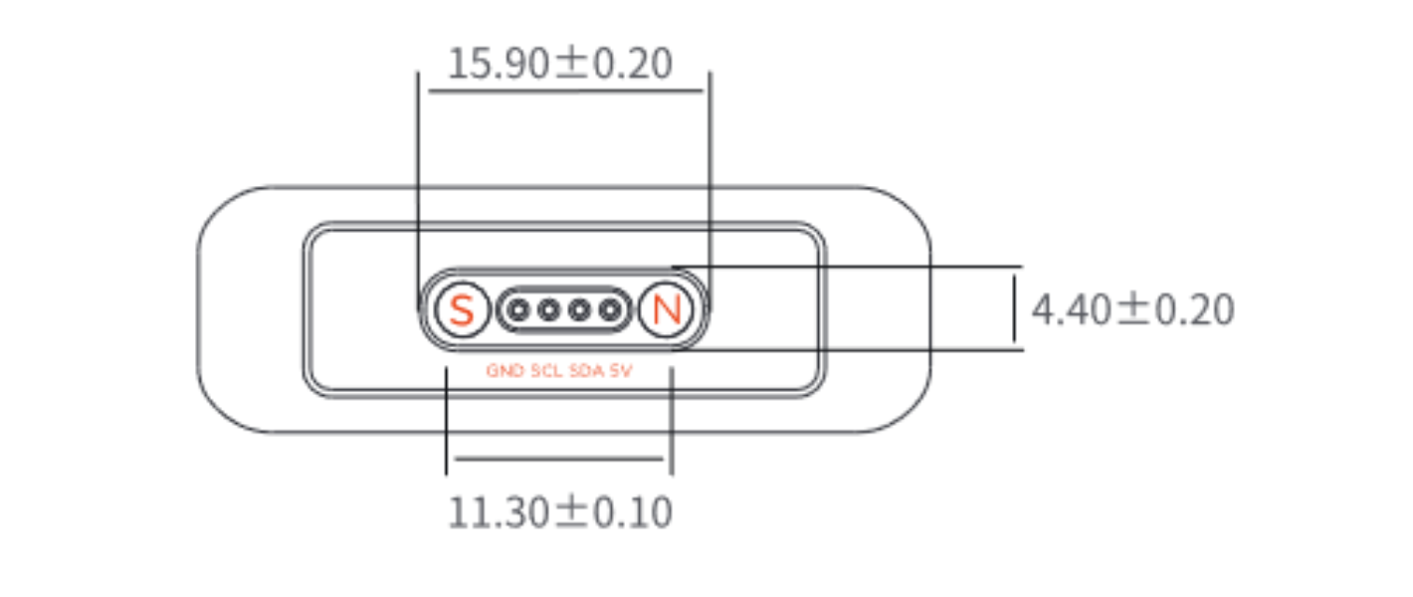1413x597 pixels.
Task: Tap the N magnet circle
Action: [665, 311]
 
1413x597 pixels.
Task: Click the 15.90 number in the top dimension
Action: [498, 65]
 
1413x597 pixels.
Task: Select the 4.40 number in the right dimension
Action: [1071, 310]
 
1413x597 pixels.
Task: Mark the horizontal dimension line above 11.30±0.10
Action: [557, 459]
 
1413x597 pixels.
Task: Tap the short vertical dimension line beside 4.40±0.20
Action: [1014, 308]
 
